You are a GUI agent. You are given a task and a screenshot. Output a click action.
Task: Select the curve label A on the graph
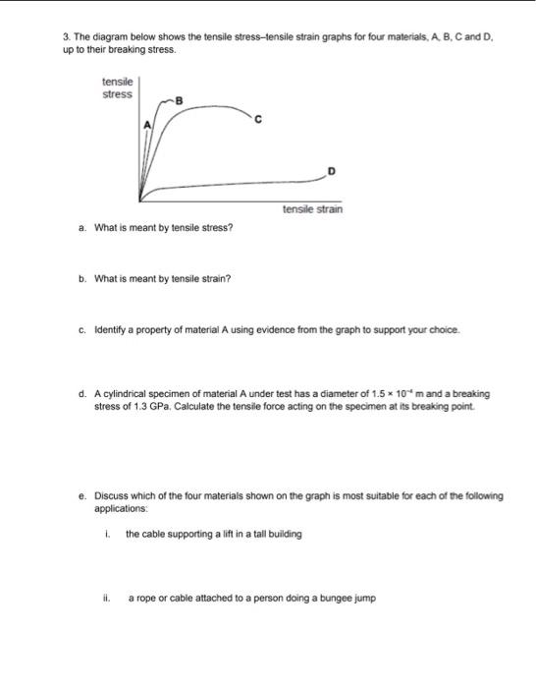click(x=148, y=126)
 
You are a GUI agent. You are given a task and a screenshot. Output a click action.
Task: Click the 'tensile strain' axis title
click(x=312, y=208)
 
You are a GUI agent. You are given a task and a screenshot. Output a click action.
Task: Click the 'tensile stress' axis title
click(x=118, y=89)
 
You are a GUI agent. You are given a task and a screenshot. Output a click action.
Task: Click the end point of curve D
click(x=324, y=179)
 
